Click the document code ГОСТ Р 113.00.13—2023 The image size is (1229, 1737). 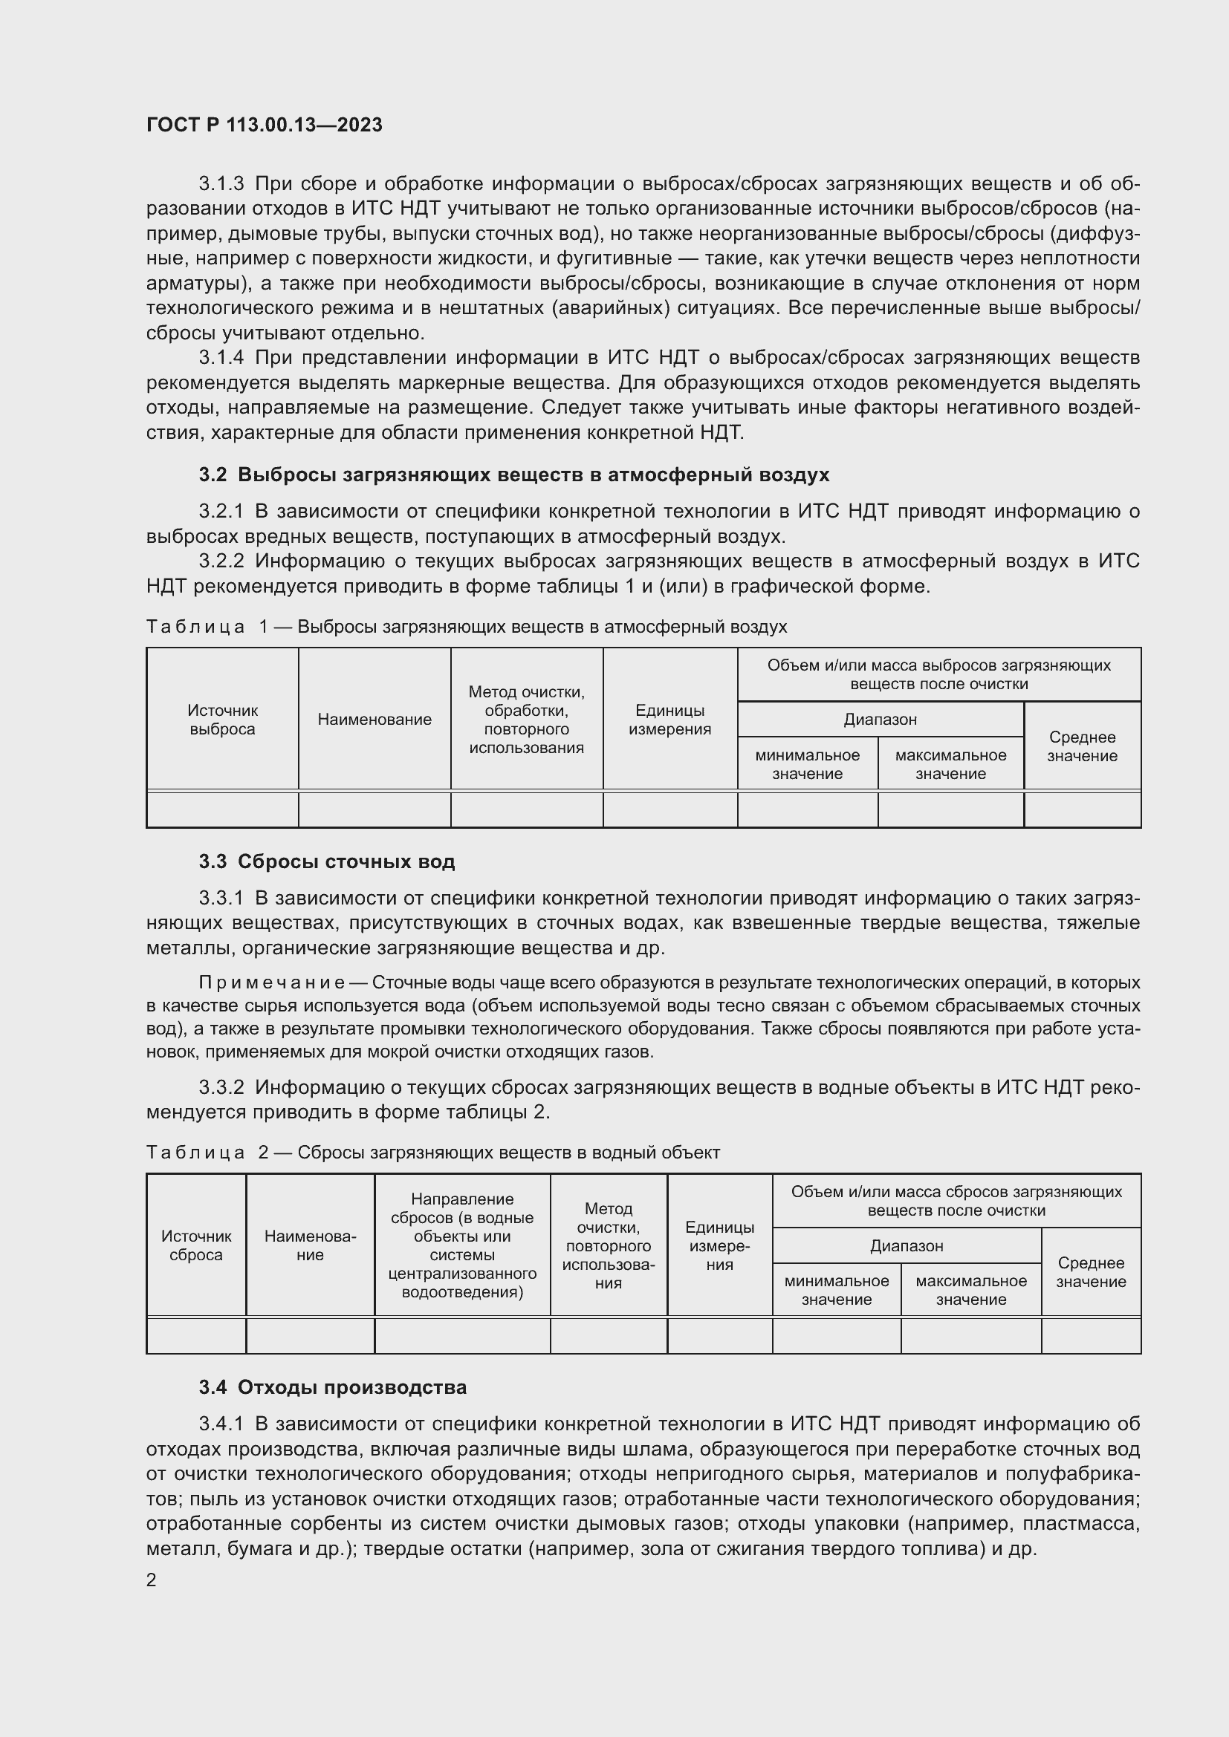pyautogui.click(x=264, y=126)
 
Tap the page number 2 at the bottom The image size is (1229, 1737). pyautogui.click(x=152, y=1580)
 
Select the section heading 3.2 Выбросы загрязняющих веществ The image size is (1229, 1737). pyautogui.click(x=514, y=475)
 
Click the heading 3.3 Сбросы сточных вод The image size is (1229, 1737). pyautogui.click(x=327, y=861)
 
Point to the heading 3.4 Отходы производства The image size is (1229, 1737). pyautogui.click(x=333, y=1387)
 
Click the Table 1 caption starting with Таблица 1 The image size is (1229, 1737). pyautogui.click(x=466, y=627)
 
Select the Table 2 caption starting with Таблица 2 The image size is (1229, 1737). pyautogui.click(x=432, y=1153)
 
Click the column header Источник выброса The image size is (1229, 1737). pyautogui.click(x=222, y=720)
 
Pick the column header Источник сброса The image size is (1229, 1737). pyautogui.click(x=196, y=1245)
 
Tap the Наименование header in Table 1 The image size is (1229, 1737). pyautogui.click(x=374, y=720)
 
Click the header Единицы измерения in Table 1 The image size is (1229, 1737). pyautogui.click(x=669, y=720)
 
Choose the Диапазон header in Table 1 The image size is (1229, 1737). pyautogui.click(x=880, y=720)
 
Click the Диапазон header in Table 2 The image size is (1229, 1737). pyautogui.click(x=906, y=1245)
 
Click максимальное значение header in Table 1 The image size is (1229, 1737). pyautogui.click(x=950, y=764)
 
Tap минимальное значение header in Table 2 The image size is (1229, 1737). pyautogui.click(x=836, y=1290)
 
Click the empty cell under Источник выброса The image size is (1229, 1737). pyautogui.click(x=222, y=809)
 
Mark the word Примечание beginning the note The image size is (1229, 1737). pyautogui.click(x=272, y=982)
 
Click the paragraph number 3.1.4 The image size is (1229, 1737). pyautogui.click(x=221, y=358)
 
